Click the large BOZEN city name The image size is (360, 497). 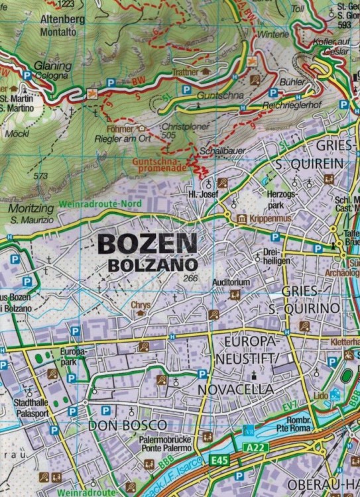[x=147, y=243]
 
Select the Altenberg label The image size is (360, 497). [x=62, y=19]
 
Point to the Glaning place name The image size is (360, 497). [x=54, y=66]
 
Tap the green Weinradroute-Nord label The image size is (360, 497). [x=100, y=204]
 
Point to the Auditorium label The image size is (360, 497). [x=231, y=282]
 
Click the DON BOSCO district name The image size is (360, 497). [x=127, y=425]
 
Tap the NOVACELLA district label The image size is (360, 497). [x=235, y=388]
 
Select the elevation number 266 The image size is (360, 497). [x=192, y=278]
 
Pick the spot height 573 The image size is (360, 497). [x=40, y=176]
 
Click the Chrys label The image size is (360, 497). [x=141, y=305]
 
